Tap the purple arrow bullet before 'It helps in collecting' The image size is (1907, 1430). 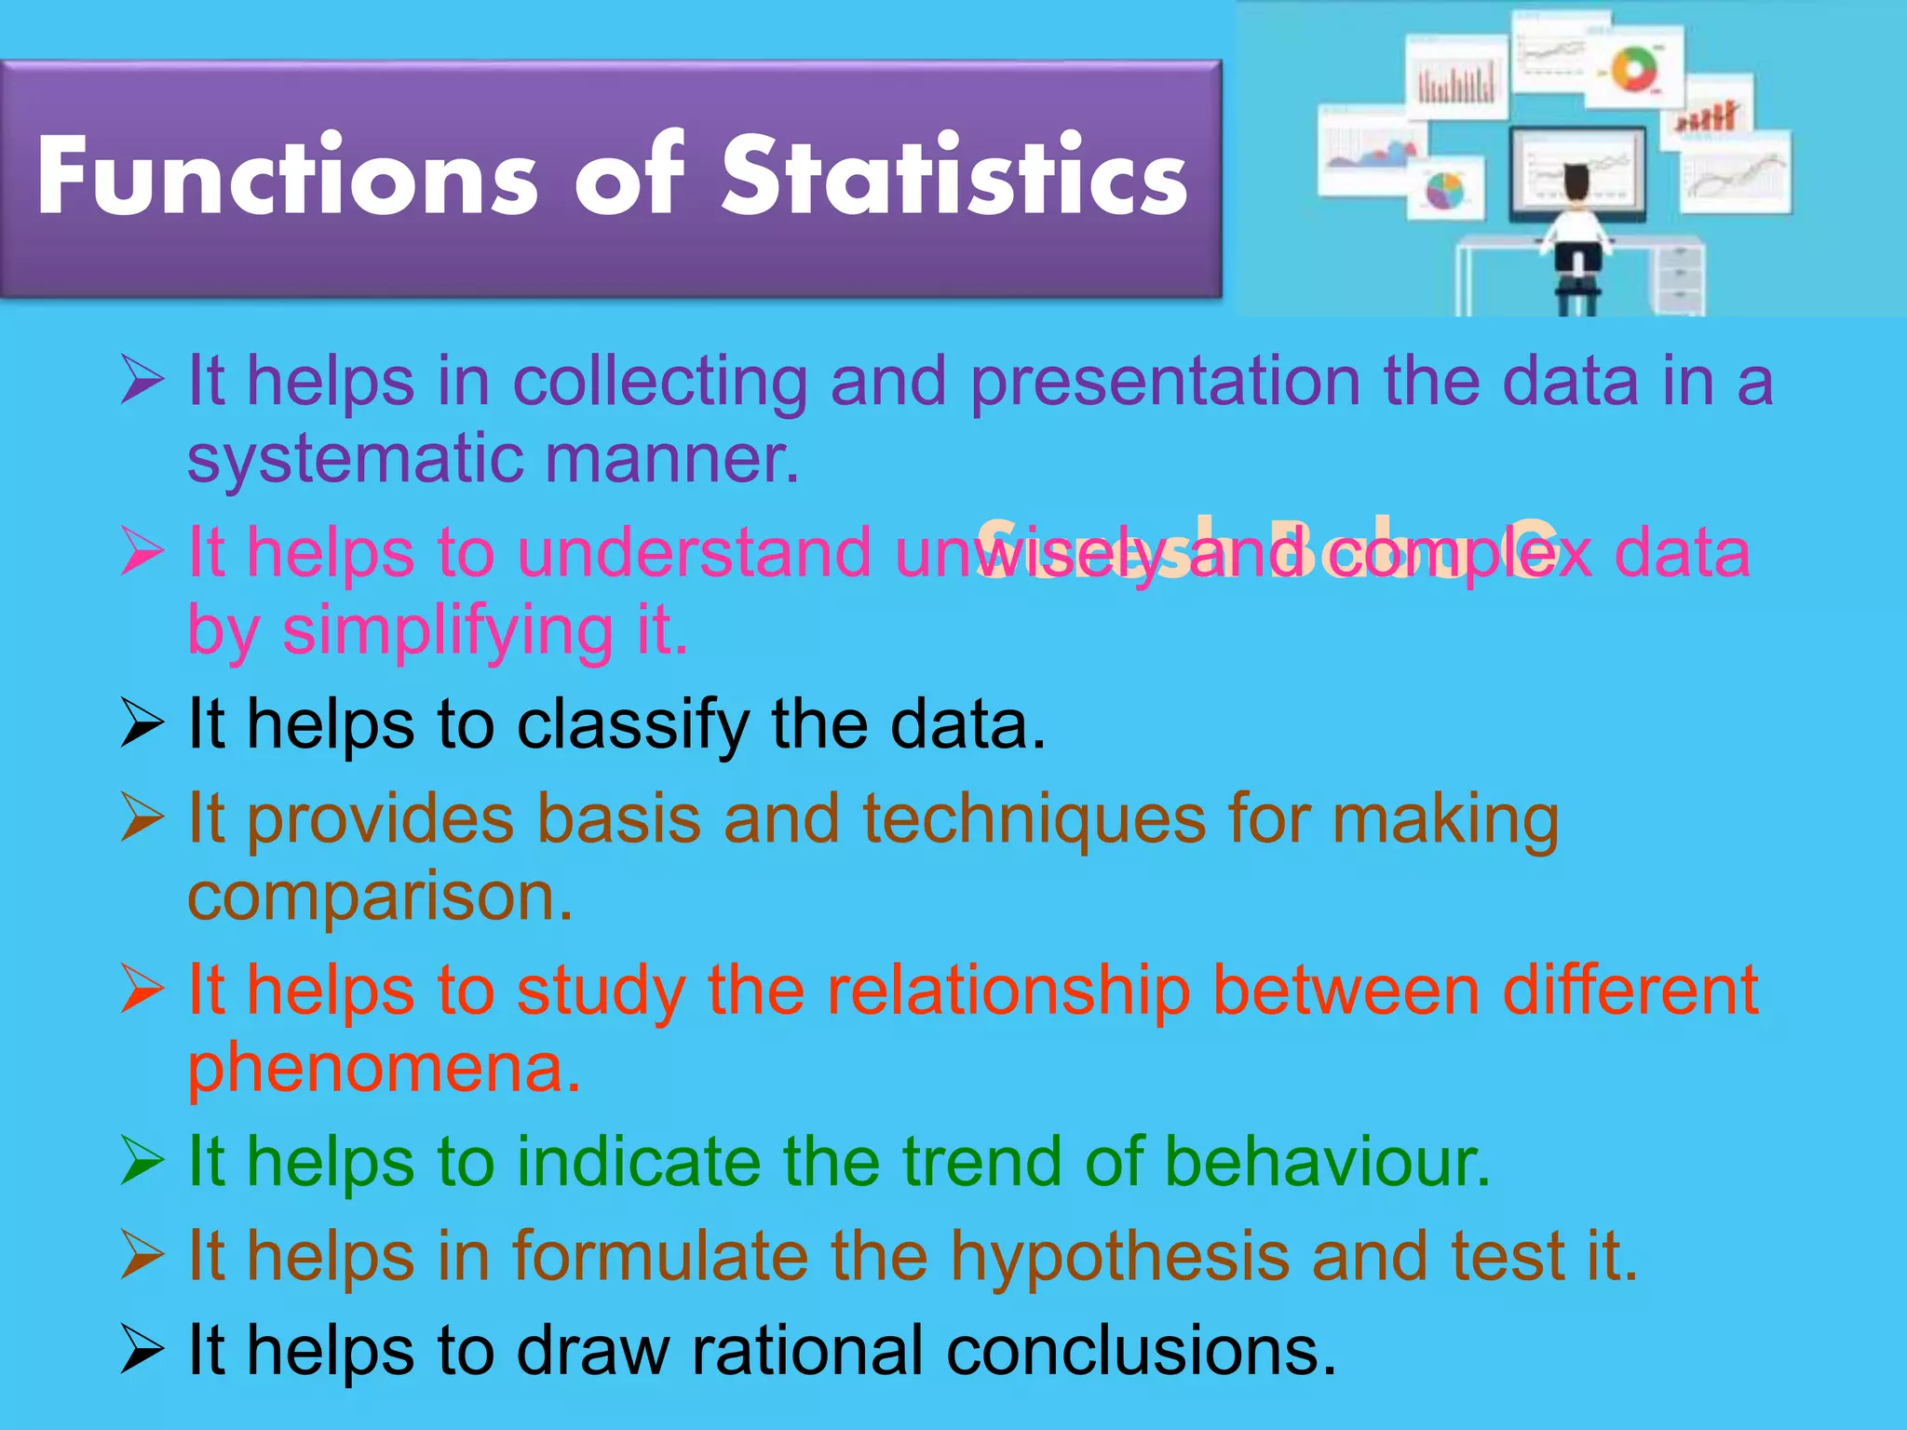[x=142, y=382]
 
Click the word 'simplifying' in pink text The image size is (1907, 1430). [x=447, y=631]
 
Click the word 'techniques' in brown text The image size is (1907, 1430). [x=1034, y=819]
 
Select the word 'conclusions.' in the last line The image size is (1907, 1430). [x=1141, y=1351]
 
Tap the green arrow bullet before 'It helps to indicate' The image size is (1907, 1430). [x=142, y=1163]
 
